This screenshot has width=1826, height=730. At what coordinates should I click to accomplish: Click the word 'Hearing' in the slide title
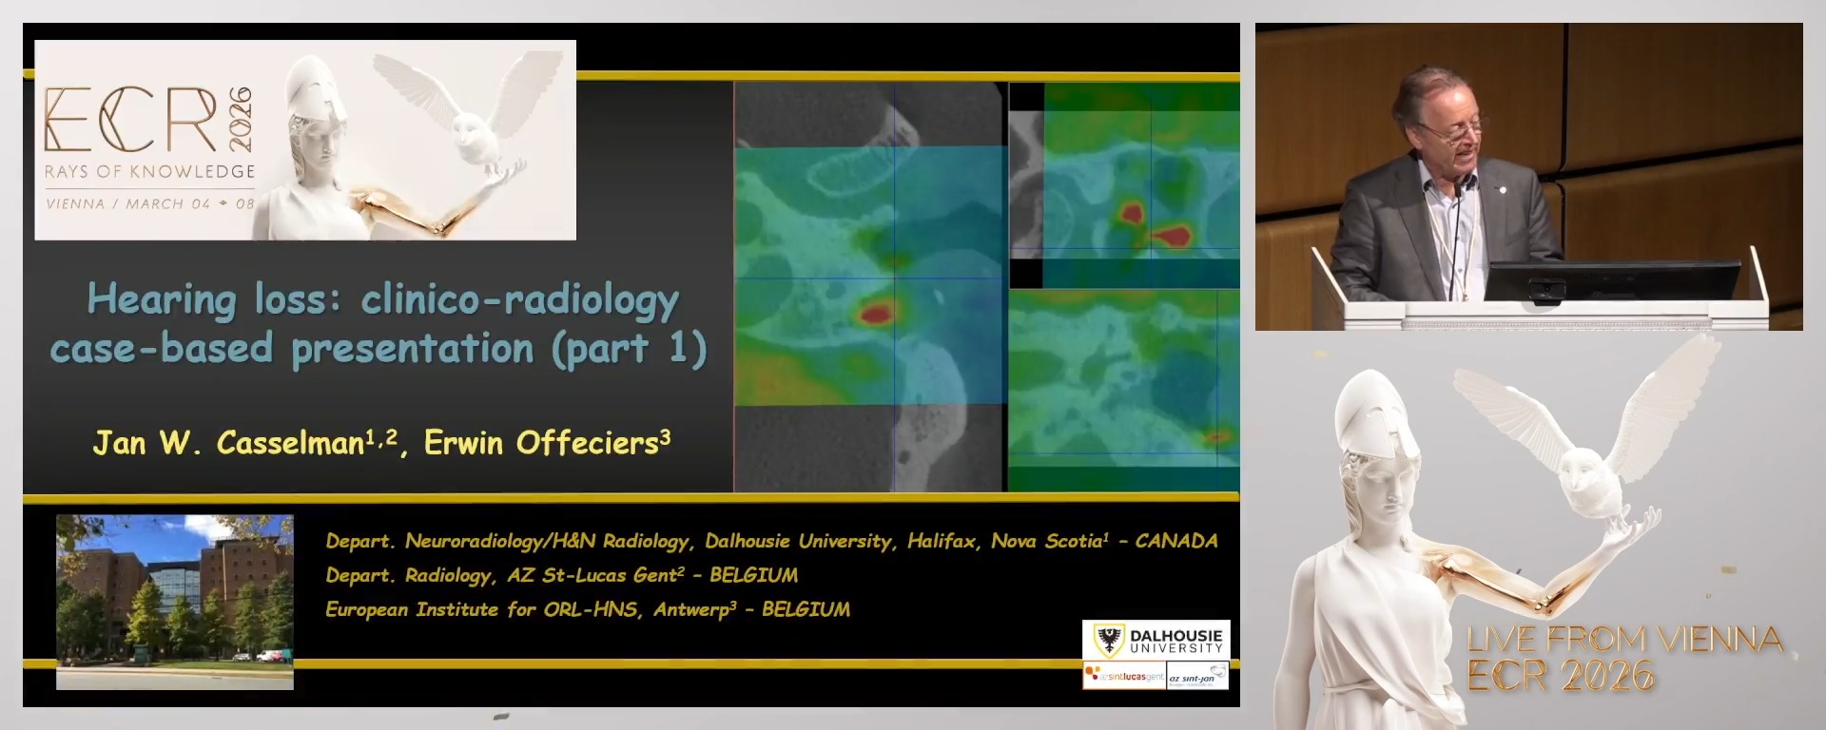pyautogui.click(x=161, y=300)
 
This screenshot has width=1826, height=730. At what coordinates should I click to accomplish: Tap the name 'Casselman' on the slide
pyautogui.click(x=290, y=443)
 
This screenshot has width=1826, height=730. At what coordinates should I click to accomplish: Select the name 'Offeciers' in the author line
pyautogui.click(x=588, y=443)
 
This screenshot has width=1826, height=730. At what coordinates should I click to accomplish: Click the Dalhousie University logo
pyautogui.click(x=1156, y=640)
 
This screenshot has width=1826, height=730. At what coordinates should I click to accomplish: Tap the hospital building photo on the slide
pyautogui.click(x=175, y=601)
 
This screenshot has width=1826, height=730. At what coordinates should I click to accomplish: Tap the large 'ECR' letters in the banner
pyautogui.click(x=130, y=121)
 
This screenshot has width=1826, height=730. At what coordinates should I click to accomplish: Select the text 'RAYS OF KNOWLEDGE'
pyautogui.click(x=150, y=172)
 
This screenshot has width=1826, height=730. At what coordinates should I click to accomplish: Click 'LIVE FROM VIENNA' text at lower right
pyautogui.click(x=1624, y=639)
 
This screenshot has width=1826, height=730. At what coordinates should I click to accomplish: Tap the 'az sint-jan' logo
pyautogui.click(x=1197, y=677)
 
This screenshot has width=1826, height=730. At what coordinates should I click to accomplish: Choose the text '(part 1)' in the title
pyautogui.click(x=629, y=349)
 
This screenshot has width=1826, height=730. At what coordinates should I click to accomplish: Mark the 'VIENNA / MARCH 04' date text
pyautogui.click(x=128, y=203)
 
